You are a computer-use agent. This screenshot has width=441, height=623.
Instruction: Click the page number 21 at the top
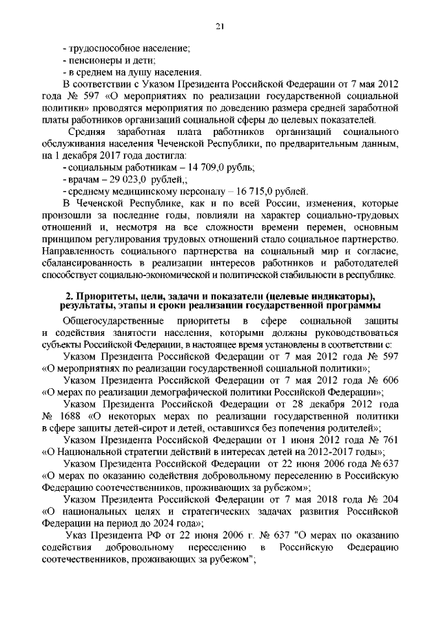[220, 26]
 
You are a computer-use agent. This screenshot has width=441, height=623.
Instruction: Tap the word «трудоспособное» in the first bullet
[103, 47]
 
